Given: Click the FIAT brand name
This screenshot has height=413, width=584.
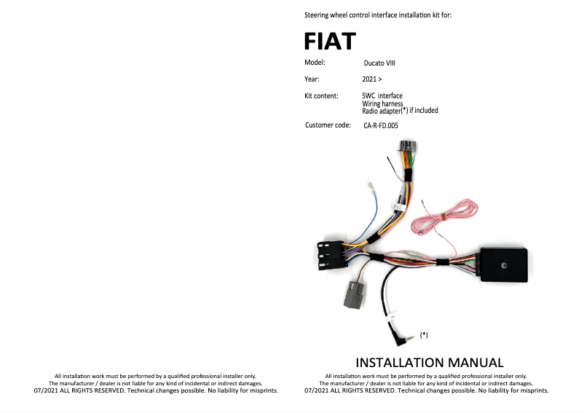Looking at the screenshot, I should point(330,41).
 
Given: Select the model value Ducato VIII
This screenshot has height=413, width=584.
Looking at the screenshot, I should point(379,63).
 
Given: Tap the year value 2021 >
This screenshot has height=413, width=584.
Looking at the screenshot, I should point(371,78).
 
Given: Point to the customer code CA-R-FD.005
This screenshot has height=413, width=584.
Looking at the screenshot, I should point(380,126).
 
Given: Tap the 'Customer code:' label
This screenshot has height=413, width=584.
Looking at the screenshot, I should point(328,125).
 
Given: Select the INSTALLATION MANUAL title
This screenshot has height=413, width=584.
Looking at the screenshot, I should point(429,362).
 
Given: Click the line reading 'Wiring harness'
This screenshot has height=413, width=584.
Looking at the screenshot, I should point(382,103).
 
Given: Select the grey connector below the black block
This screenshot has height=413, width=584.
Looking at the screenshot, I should point(355,296).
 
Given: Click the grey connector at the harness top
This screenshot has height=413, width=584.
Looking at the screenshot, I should point(406,154).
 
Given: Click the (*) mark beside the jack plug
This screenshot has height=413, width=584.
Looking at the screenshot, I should point(424,334).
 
